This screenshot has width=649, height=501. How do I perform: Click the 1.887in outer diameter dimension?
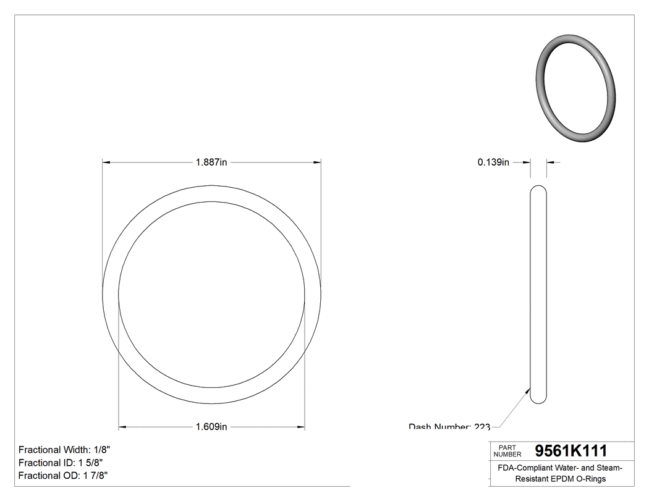pos(211,162)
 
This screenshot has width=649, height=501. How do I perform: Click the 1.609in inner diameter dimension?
pos(211,427)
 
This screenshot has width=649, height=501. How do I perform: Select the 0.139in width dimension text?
pos(493,162)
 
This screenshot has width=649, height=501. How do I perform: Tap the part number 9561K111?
pos(571,451)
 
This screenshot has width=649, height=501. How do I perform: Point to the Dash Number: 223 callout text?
pos(449,427)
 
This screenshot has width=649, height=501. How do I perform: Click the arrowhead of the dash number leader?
pos(528,390)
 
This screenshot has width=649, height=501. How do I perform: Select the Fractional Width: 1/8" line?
pos(64,450)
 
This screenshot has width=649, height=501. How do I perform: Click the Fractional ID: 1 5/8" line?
pos(60,463)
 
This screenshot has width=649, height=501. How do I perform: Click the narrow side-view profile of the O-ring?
pos(538,295)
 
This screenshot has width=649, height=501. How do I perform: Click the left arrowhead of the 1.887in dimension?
pos(106,162)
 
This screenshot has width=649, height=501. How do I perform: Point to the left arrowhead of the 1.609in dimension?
pos(122,427)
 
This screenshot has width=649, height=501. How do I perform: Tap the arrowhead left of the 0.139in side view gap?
pos(527,162)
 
